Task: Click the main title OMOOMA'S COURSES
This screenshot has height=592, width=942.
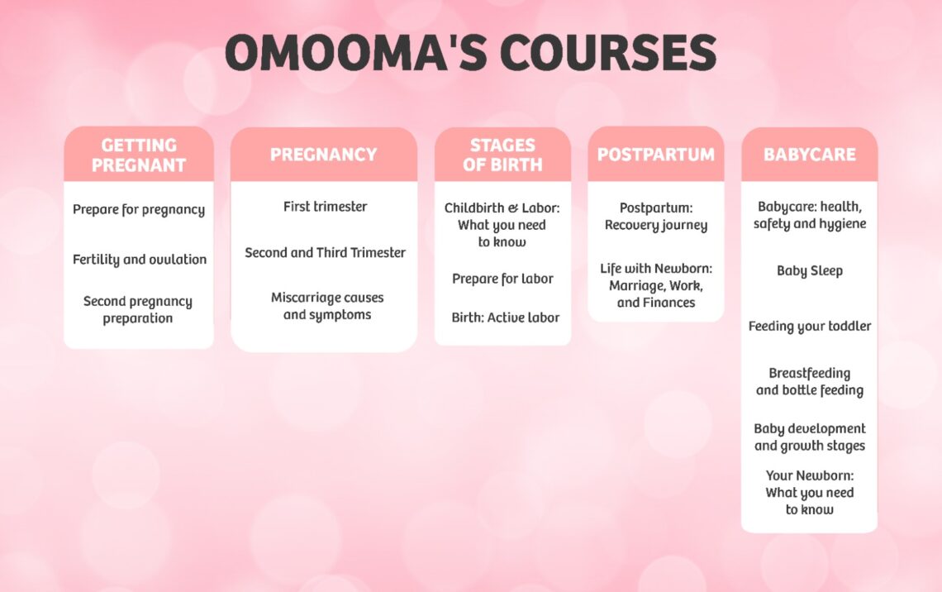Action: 470,53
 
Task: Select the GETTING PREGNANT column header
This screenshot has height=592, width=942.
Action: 139,155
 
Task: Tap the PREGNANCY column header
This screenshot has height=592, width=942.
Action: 323,155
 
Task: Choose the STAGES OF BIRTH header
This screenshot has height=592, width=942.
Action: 502,155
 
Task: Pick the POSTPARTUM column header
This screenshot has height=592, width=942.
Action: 655,155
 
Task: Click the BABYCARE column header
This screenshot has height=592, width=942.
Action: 809,155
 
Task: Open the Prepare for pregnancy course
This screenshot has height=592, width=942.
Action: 139,210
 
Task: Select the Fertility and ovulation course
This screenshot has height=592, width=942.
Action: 139,260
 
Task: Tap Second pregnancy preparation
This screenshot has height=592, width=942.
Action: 138,310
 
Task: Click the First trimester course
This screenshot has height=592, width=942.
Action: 325,207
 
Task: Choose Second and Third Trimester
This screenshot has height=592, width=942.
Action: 325,253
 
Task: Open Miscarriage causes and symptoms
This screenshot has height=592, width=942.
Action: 327,306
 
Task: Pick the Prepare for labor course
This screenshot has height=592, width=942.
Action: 502,279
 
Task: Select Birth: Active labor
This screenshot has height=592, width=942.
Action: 505,317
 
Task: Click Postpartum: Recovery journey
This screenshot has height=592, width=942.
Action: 655,217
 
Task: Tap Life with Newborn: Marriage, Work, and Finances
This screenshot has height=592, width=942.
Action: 655,285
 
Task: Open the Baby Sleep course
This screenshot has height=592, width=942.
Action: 809,271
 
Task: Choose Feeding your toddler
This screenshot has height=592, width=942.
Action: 809,327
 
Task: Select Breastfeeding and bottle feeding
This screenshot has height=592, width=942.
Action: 809,382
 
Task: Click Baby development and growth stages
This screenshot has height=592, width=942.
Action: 809,437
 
